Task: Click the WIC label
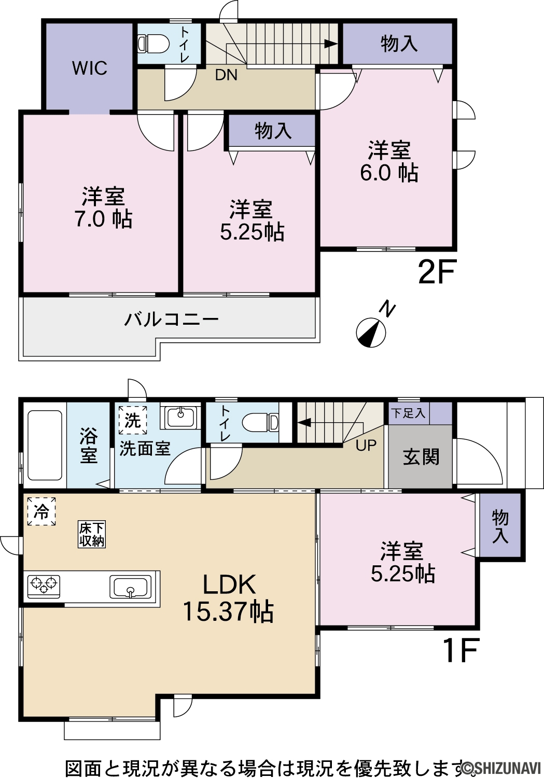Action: pyautogui.click(x=90, y=68)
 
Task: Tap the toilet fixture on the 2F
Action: pyautogui.click(x=153, y=44)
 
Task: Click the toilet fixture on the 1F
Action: pyautogui.click(x=260, y=422)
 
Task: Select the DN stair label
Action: pyautogui.click(x=226, y=75)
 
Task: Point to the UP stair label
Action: pyautogui.click(x=366, y=445)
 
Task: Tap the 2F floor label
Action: pyautogui.click(x=436, y=272)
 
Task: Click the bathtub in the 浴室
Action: pyautogui.click(x=45, y=445)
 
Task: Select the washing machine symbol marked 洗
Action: pyautogui.click(x=133, y=420)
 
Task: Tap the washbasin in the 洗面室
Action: pyautogui.click(x=180, y=417)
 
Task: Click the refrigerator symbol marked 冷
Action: pyautogui.click(x=41, y=511)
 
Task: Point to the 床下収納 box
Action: pyautogui.click(x=91, y=534)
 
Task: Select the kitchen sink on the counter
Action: pyautogui.click(x=131, y=586)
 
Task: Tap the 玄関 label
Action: pyautogui.click(x=421, y=457)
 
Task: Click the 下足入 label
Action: pyautogui.click(x=408, y=413)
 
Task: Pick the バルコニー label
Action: pyautogui.click(x=172, y=319)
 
